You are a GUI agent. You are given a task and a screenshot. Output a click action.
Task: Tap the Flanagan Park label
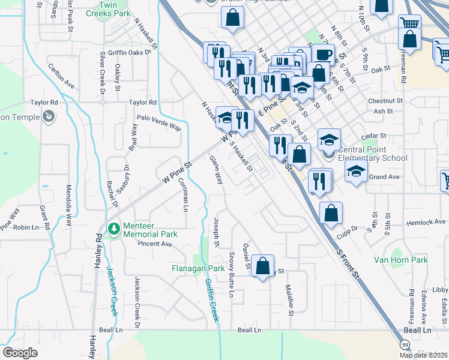click(197, 268)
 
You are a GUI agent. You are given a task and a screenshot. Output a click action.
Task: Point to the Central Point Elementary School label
click(373, 154)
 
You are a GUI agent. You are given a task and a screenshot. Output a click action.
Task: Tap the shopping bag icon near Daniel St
click(262, 266)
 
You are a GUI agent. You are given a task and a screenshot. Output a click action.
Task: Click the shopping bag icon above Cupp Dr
click(331, 213)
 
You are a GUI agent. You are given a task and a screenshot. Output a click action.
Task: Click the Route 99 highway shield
click(405, 345)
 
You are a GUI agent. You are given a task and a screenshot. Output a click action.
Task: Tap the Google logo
click(20, 353)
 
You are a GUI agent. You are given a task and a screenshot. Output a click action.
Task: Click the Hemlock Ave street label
click(426, 222)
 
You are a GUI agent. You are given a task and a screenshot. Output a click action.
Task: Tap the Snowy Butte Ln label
click(231, 274)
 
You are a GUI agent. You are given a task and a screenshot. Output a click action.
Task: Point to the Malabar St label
click(289, 299)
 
